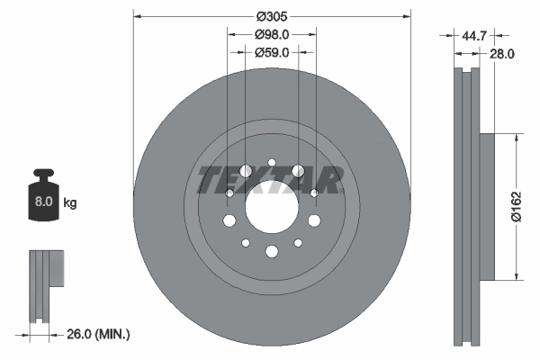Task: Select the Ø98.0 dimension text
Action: pyautogui.click(x=271, y=34)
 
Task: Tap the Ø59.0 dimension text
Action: pyautogui.click(x=271, y=53)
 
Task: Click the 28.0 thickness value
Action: pyautogui.click(x=502, y=54)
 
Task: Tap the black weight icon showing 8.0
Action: pyautogui.click(x=43, y=194)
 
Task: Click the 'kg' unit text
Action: pyautogui.click(x=70, y=203)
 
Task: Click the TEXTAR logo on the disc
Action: pyautogui.click(x=271, y=180)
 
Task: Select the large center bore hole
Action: pyautogui.click(x=271, y=206)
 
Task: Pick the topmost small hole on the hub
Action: pyautogui.click(x=271, y=162)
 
